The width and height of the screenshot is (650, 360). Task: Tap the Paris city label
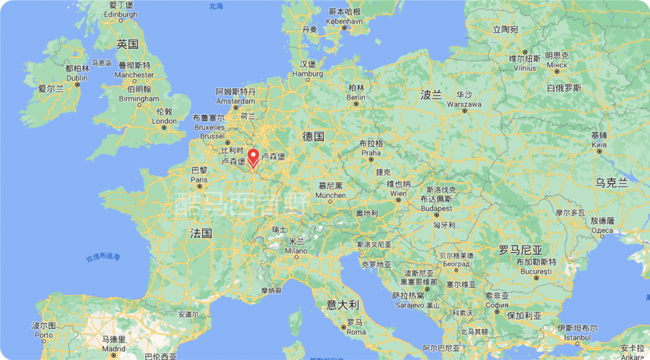(199, 179)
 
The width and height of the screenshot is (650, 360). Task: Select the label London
(164, 121)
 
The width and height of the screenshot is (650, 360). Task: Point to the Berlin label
(356, 97)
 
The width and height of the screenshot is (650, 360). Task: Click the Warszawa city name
(463, 104)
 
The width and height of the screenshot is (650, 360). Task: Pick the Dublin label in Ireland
(77, 78)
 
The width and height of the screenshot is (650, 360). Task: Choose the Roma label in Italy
(356, 332)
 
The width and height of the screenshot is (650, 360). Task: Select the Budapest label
(436, 208)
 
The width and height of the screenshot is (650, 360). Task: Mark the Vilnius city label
(524, 68)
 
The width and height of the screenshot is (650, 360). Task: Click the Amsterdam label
(235, 101)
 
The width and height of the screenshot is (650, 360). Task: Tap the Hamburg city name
(308, 73)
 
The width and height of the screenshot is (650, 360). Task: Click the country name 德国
(314, 136)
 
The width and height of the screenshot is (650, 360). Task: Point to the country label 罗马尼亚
(520, 250)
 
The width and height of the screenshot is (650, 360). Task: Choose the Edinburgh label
(120, 14)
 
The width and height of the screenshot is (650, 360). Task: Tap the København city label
(345, 22)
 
